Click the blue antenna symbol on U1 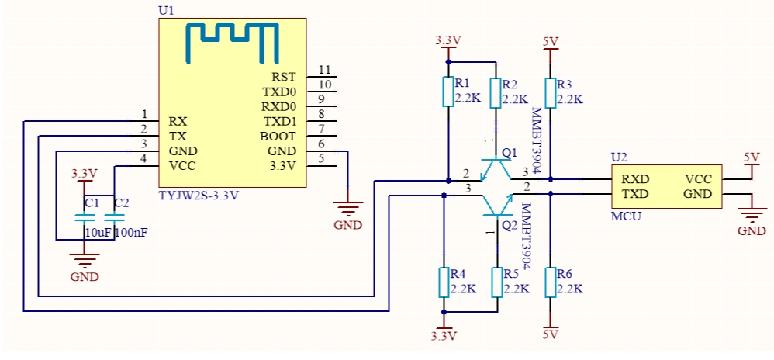(x=232, y=29)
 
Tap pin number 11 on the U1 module (x=324, y=70)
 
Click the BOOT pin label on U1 (x=278, y=137)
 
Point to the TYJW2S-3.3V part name (x=199, y=195)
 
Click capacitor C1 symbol (x=85, y=218)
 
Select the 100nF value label (x=131, y=233)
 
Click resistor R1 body (x=447, y=92)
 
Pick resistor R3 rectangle (x=551, y=92)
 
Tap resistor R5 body (x=497, y=282)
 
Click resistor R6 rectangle (x=551, y=282)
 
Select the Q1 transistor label (x=509, y=153)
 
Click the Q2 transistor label (x=509, y=227)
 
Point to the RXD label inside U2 (x=635, y=178)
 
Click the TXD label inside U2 (x=635, y=194)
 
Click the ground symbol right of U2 (x=752, y=213)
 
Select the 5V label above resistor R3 (x=551, y=41)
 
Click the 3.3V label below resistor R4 (x=444, y=336)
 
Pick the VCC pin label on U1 (x=182, y=166)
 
